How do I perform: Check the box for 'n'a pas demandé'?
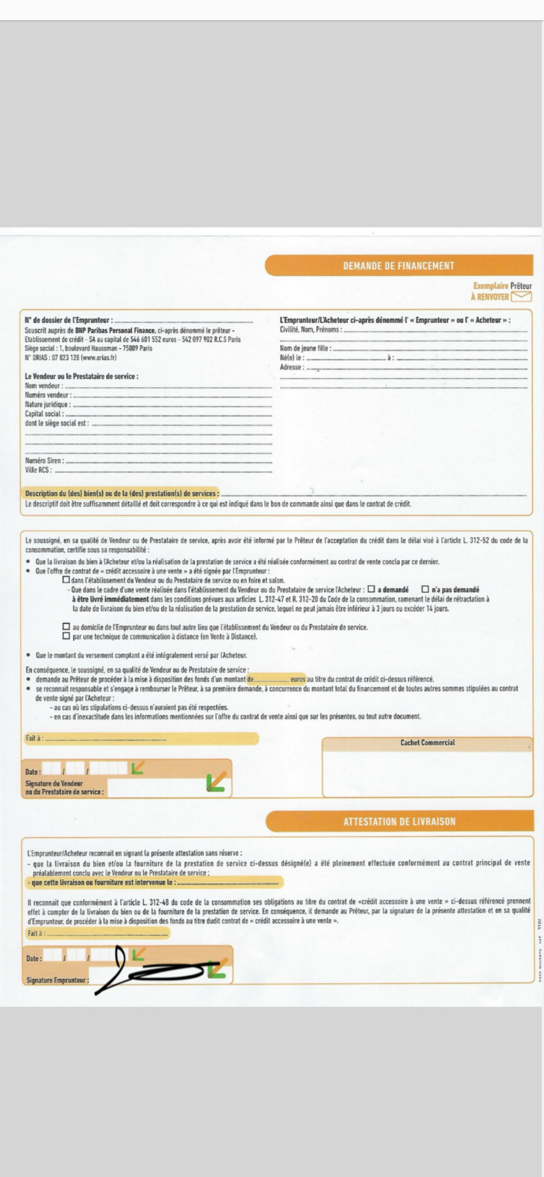point(425,589)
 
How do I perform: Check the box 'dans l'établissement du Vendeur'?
point(66,580)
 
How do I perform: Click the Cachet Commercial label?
point(427,742)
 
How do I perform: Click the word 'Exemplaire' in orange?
point(490,286)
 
